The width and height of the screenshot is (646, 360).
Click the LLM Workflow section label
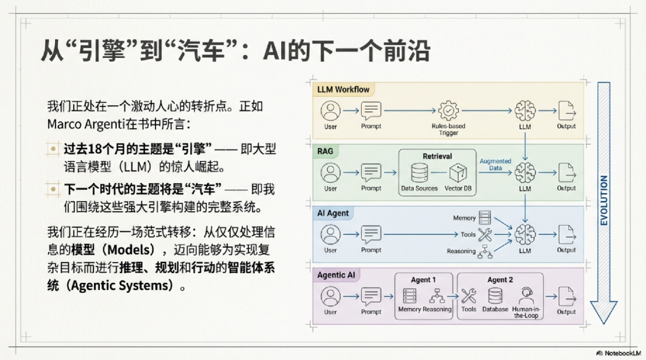coord(343,90)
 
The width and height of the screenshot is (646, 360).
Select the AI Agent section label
coord(334,213)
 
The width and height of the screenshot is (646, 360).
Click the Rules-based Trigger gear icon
coord(448,111)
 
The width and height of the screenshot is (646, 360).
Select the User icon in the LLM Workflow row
coord(331,111)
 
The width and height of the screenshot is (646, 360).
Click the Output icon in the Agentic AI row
coord(566,296)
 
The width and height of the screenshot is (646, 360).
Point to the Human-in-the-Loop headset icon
coord(526,295)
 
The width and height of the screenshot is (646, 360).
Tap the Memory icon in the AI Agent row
coord(484,218)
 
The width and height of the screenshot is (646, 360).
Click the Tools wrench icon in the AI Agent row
coord(484,234)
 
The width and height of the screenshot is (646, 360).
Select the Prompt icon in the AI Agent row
coord(371,234)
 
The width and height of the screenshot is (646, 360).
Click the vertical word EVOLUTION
coord(604,200)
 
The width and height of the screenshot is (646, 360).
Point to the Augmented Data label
coord(495,164)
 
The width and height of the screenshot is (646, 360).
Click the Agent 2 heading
coord(500,280)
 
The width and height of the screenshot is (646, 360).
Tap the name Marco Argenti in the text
coord(80,124)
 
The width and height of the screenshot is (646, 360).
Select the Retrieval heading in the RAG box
coord(437,156)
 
